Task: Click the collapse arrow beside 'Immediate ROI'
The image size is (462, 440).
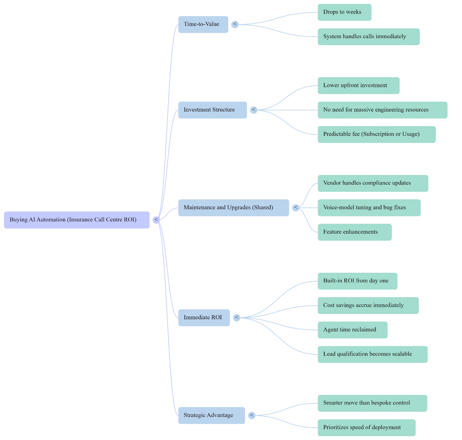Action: (x=237, y=317)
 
